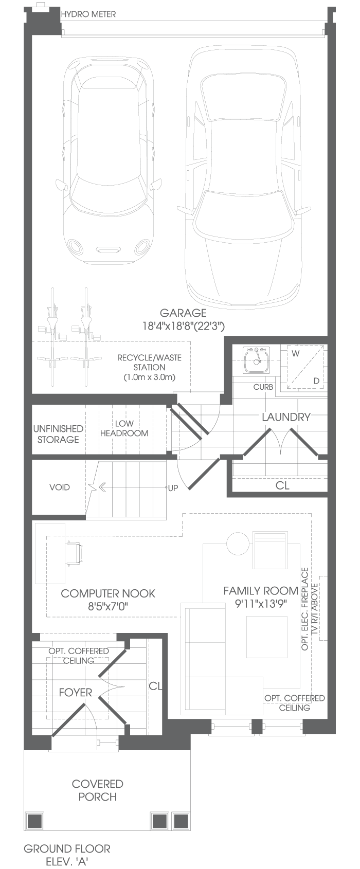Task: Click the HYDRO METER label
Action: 88,14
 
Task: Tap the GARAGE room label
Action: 183,313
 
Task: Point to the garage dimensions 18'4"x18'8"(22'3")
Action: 184,326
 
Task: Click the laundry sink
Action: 256,359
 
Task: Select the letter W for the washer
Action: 295,353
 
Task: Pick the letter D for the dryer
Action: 317,381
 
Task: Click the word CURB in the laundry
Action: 263,387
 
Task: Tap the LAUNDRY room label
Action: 286,417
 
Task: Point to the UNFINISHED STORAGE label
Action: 58,434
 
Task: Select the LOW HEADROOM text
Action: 124,428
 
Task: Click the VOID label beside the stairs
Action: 60,487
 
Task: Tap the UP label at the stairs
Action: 173,488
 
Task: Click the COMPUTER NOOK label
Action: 108,593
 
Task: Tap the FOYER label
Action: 76,693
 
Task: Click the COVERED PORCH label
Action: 98,790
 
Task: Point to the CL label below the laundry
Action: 282,485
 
